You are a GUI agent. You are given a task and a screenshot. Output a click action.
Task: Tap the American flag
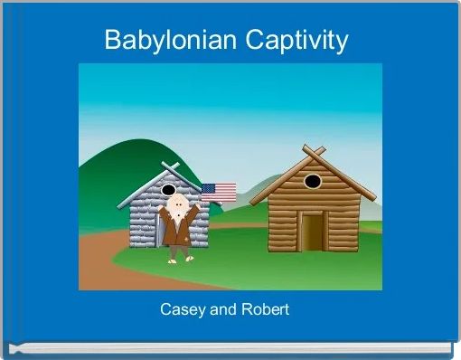(219, 192)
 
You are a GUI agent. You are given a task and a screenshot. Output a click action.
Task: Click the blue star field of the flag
(208, 187)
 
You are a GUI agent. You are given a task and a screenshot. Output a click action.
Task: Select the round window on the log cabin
(312, 181)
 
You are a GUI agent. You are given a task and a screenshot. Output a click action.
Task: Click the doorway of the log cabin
(313, 232)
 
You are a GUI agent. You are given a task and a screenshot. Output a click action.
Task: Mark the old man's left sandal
(173, 260)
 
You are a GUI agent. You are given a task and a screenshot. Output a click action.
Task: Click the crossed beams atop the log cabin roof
(313, 149)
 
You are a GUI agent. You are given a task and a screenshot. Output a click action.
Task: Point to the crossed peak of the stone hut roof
(168, 167)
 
